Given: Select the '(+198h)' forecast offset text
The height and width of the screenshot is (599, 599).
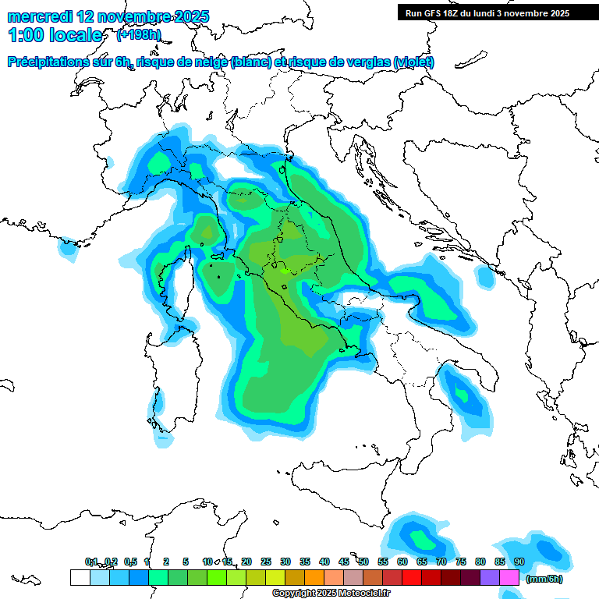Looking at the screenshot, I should tap(138, 35).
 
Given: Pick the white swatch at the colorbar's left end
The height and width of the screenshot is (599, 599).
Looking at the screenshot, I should tap(80, 577).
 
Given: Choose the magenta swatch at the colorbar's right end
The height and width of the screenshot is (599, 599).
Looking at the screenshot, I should tap(509, 577).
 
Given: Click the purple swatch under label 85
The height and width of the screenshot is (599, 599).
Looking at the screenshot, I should tap(490, 577).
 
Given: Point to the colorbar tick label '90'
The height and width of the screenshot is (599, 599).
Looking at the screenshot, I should tap(519, 562).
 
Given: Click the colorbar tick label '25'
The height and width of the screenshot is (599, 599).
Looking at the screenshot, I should tap(266, 562).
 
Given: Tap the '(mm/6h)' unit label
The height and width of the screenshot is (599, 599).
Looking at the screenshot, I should tap(544, 579).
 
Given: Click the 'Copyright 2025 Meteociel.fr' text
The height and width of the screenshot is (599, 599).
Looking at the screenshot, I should tap(331, 593).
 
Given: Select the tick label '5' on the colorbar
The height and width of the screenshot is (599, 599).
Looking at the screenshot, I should tap(186, 562).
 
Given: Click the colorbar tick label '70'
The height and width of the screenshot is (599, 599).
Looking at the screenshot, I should tap(441, 562).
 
